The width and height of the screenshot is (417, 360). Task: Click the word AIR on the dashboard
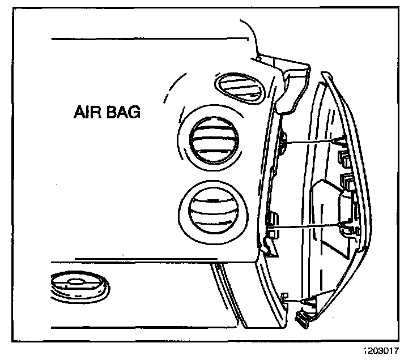tap(88, 112)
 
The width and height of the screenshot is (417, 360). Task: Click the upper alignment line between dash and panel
tap(312, 140)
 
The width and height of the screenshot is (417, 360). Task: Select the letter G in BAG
tap(134, 112)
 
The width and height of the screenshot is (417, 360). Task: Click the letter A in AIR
tap(79, 112)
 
